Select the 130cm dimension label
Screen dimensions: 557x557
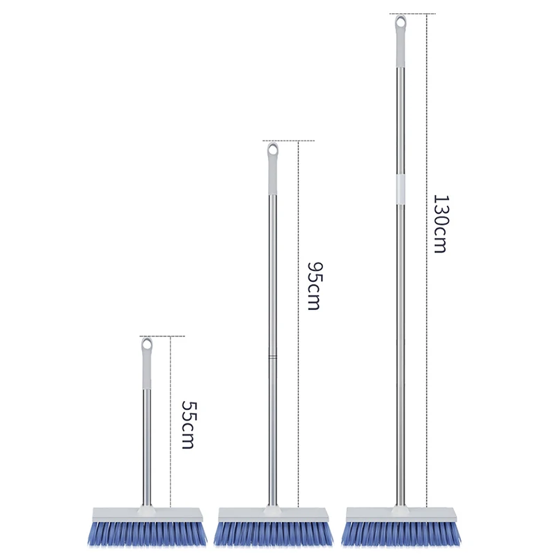coord(440,223)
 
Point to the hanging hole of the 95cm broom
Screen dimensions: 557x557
coord(273,148)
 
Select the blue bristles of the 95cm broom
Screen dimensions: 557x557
coord(272,533)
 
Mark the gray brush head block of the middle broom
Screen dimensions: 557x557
coord(272,514)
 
